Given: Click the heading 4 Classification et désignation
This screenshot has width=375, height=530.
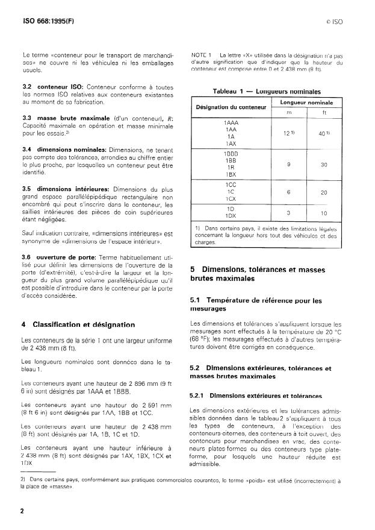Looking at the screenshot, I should [x=76, y=324].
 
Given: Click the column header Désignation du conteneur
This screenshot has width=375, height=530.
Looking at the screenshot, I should [x=231, y=107].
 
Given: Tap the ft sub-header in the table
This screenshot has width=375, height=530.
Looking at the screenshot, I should [x=324, y=112].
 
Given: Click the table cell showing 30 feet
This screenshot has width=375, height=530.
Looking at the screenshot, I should [x=324, y=165].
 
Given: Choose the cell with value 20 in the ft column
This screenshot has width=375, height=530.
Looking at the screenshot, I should [x=324, y=192].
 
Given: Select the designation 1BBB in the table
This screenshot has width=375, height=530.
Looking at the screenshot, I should [x=230, y=154].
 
